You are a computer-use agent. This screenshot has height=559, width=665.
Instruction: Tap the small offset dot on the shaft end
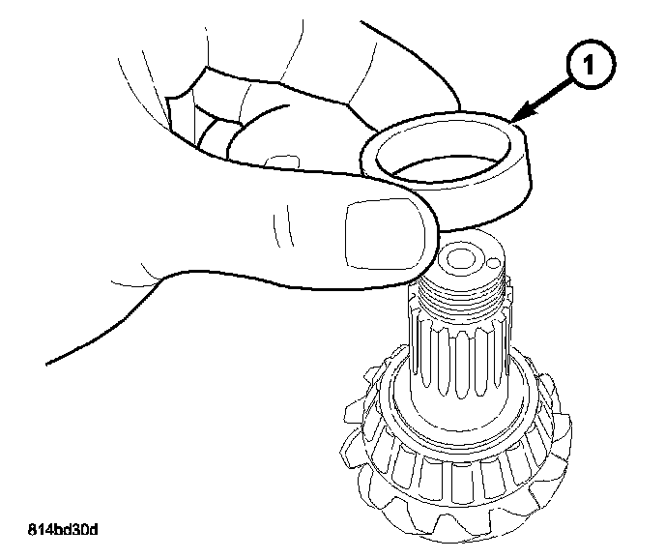click(493, 262)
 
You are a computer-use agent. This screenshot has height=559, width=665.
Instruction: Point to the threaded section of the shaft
click(464, 295)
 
